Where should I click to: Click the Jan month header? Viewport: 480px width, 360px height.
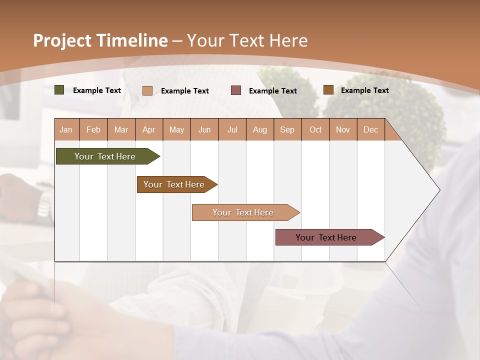66,129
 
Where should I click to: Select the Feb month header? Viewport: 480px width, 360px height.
93,129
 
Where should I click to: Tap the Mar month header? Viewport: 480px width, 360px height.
121,129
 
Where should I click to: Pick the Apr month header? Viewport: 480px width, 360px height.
149,129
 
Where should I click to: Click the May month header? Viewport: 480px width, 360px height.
176,129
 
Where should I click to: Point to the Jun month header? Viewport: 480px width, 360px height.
204,129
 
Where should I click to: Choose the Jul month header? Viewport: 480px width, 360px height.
232,129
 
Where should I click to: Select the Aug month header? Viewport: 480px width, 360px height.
260,129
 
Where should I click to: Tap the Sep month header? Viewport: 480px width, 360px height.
287,129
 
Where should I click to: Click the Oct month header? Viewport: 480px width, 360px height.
315,129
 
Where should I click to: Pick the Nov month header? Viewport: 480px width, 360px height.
343,129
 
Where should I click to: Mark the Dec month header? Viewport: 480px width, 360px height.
371,129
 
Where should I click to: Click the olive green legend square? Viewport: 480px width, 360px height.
59,90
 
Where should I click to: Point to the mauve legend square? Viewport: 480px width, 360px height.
236,90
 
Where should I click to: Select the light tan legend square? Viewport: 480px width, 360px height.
147,90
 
